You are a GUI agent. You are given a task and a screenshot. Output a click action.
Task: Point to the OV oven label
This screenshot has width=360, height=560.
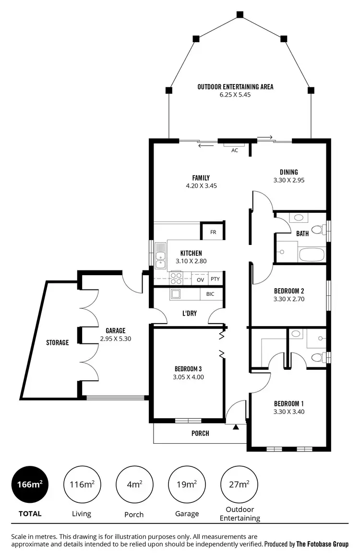pyautogui.click(x=201, y=279)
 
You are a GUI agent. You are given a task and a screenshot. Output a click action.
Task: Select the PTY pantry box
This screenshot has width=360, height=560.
pyautogui.click(x=215, y=279)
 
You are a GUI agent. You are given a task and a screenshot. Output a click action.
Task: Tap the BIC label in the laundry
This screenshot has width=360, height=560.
pyautogui.click(x=210, y=294)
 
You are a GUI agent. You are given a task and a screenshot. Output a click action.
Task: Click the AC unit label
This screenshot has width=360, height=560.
pyautogui.click(x=235, y=150)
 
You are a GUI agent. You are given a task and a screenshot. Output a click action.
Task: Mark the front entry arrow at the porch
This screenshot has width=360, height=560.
pyautogui.click(x=235, y=426)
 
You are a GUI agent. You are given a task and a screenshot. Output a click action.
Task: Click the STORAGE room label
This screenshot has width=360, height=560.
pyautogui.click(x=58, y=342)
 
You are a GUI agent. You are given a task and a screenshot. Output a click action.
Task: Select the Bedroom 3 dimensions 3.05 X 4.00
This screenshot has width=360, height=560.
pyautogui.click(x=189, y=377)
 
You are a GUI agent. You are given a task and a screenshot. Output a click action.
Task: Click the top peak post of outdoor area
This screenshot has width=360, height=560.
pyautogui.click(x=239, y=15)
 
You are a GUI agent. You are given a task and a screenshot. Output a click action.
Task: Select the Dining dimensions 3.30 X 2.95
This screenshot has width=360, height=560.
pyautogui.click(x=289, y=181)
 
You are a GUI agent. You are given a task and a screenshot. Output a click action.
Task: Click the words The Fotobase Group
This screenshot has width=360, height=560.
pyautogui.click(x=322, y=544)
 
